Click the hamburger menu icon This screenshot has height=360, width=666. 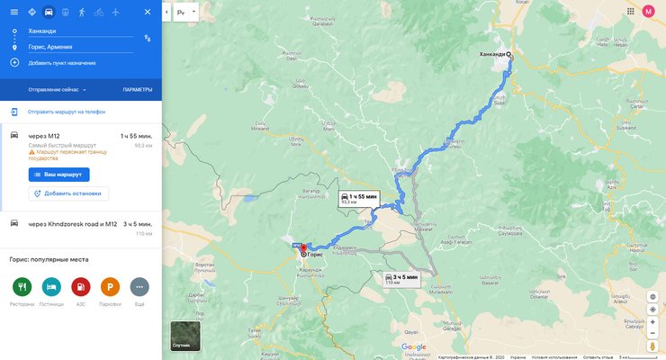[13, 12]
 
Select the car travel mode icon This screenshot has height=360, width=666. [48, 12]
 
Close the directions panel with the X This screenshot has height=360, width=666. [148, 12]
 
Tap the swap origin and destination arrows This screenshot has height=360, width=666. [147, 39]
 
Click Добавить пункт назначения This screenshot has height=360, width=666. [61, 63]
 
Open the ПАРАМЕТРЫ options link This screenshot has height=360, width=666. [138, 90]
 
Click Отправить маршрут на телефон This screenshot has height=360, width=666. [66, 112]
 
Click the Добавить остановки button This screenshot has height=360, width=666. [68, 193]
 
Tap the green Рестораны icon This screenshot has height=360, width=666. [22, 287]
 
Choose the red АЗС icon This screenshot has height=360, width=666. [81, 287]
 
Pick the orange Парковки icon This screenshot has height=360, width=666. [110, 287]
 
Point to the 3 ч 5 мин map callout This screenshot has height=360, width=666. [401, 278]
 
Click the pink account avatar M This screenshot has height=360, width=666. [648, 12]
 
